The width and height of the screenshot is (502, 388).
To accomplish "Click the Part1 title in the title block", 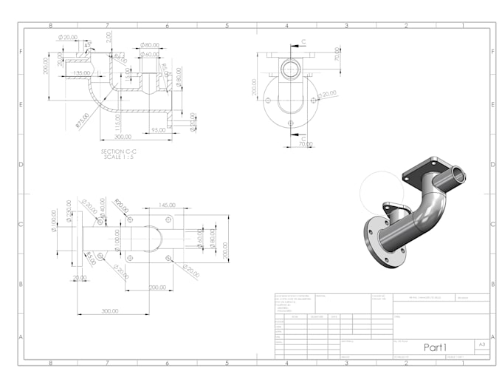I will click(x=435, y=347).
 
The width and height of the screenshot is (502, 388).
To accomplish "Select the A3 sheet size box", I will click(x=481, y=344).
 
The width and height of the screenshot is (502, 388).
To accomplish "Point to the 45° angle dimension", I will click(x=89, y=44).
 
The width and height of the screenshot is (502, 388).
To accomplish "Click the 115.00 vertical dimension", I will click(x=118, y=120).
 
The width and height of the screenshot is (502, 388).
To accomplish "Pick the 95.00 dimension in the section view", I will click(x=157, y=130).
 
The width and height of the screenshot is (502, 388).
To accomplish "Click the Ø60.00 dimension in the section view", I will click(x=151, y=54).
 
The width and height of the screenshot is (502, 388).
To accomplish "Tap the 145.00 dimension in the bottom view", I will click(x=167, y=205).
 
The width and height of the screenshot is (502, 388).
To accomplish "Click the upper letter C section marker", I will click(x=303, y=42).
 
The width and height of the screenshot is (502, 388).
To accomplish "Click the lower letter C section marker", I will click(x=303, y=138).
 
